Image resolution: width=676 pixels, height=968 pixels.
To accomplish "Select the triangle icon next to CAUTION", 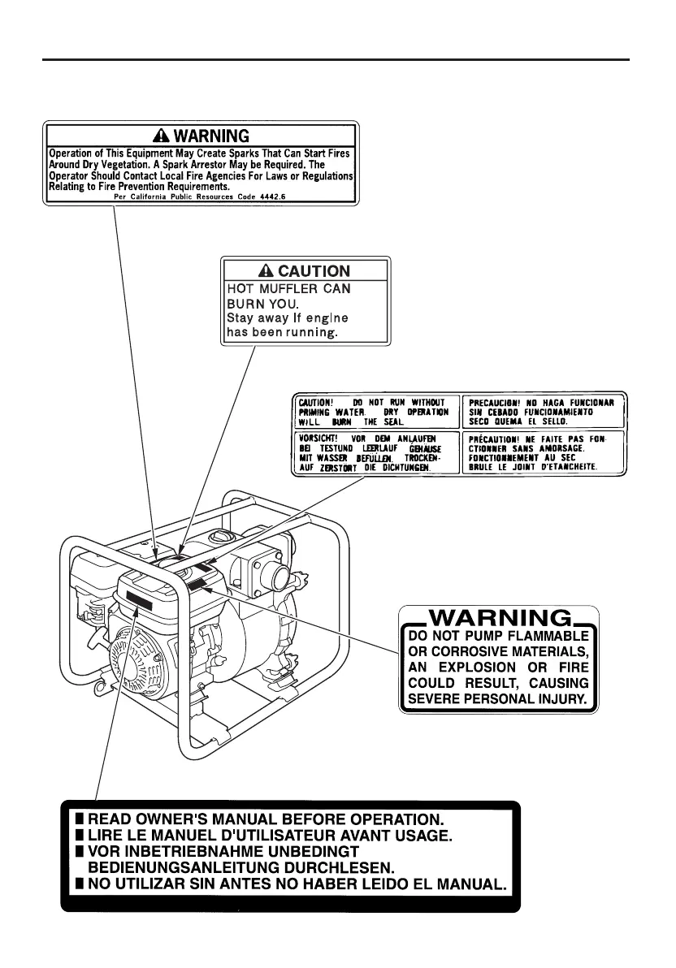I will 267,271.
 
